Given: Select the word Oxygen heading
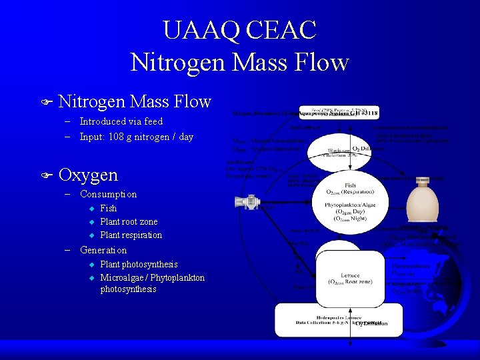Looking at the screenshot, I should [88, 175].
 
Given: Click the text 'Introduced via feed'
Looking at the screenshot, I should [121, 121].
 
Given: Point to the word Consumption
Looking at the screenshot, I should [108, 194].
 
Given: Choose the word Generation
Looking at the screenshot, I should [103, 250].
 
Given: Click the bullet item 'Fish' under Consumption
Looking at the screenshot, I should [108, 208].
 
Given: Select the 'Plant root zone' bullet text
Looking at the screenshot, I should [129, 221].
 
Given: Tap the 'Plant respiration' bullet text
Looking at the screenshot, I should [131, 235].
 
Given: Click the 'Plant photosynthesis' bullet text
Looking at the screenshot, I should [139, 265].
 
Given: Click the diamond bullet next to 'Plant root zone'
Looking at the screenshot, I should [93, 221].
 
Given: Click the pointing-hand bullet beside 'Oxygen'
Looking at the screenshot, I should [45, 175].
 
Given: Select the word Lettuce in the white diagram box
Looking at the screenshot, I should [350, 275].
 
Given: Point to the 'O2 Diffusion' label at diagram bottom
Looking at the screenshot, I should [371, 323].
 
